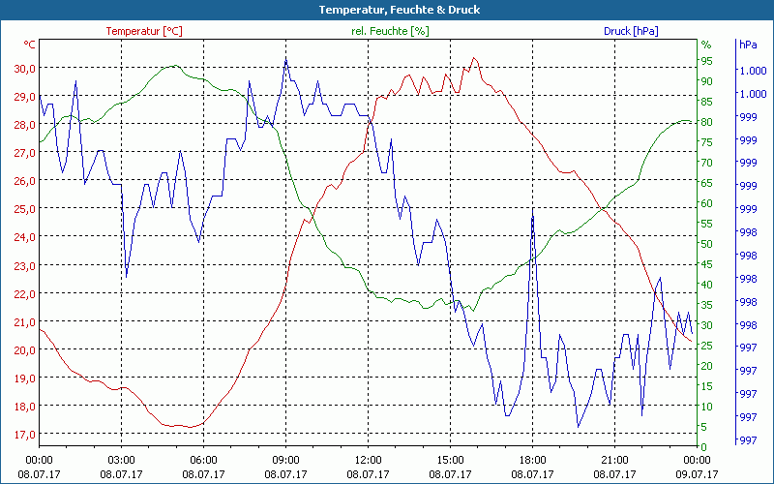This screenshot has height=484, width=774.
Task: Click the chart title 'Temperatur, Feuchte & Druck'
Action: [x=387, y=10]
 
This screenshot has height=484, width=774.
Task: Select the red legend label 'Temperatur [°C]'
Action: [x=144, y=31]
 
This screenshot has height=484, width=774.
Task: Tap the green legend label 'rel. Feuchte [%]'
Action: [x=389, y=31]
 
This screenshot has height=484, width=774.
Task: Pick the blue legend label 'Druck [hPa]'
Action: [x=630, y=31]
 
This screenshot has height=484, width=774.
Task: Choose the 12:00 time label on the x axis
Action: [x=368, y=460]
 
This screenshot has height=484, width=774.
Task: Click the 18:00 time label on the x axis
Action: [x=532, y=460]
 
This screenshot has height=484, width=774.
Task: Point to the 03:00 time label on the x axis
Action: [x=121, y=460]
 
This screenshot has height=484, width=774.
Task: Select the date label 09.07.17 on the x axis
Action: [x=698, y=474]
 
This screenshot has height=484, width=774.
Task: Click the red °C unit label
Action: [x=30, y=45]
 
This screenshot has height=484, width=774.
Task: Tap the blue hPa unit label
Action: [x=748, y=45]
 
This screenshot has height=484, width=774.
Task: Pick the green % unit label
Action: [x=706, y=45]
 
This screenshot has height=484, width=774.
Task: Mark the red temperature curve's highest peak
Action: [x=474, y=58]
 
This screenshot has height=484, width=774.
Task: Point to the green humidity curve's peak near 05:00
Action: [x=173, y=66]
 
